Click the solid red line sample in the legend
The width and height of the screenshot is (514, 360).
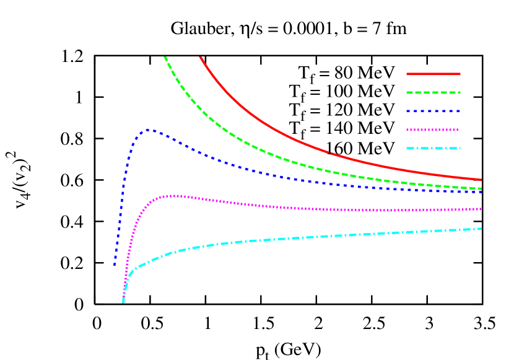coord(433,74)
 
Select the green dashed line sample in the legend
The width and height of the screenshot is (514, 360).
coord(433,92)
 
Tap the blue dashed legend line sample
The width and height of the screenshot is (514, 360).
coord(433,111)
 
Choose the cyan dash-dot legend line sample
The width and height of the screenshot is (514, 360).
coord(433,148)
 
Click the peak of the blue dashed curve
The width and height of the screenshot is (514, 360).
coord(149,130)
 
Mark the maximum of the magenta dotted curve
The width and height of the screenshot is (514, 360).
coord(175,196)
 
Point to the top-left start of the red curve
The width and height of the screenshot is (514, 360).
coord(200,57)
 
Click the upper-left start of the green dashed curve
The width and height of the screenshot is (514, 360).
coord(165,57)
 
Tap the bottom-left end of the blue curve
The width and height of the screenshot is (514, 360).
coord(115,265)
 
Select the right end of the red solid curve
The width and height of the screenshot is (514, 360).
coord(481,180)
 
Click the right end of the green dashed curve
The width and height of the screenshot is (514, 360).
coord(481,188)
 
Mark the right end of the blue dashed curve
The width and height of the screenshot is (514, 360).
coord(481,192)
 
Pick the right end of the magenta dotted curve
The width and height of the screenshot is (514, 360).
coord(481,209)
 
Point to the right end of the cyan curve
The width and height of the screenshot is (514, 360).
coord(481,229)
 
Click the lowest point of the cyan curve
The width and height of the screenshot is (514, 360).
coord(123,302)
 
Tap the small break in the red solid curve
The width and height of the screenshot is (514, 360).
coord(330,152)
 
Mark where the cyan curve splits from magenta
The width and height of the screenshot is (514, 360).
coord(126,282)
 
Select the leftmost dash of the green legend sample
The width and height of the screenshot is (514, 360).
coord(410,92)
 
